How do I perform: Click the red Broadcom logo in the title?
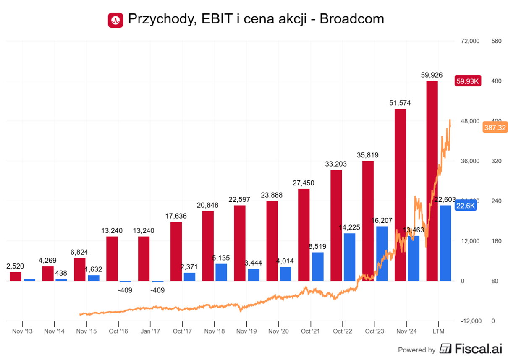[115, 19]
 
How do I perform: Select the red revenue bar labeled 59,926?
[432, 180]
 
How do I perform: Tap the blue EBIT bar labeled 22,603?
[445, 243]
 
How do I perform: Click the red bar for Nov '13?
[16, 277]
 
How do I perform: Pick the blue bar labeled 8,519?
[318, 266]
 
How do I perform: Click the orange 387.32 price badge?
[495, 128]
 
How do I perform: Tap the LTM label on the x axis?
[438, 331]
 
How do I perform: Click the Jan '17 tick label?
[150, 331]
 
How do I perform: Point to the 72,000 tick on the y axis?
[470, 41]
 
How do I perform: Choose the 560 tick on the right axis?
[496, 41]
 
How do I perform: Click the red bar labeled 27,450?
[304, 235]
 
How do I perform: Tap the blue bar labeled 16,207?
[382, 253]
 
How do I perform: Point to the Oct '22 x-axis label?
[342, 331]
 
